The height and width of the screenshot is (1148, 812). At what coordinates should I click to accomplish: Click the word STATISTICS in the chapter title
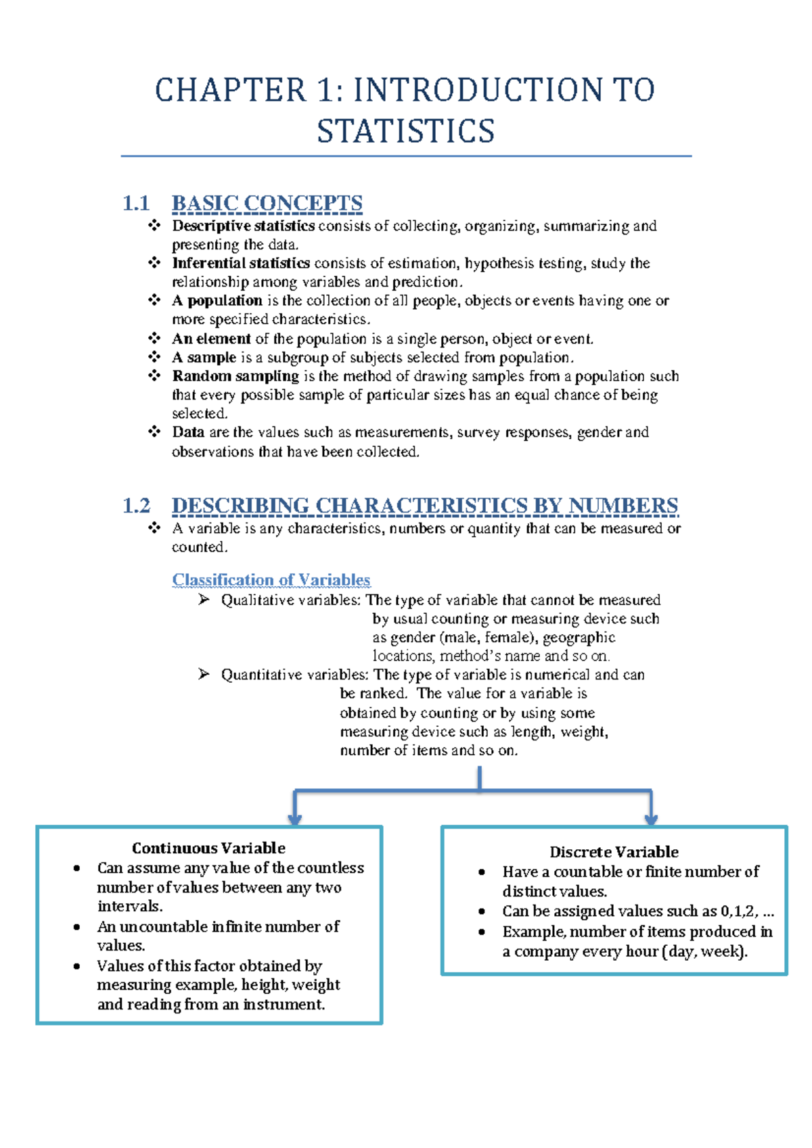pos(405,131)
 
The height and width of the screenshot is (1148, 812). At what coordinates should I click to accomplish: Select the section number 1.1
pos(136,204)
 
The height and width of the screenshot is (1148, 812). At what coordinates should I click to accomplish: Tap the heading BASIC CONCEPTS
pos(267,204)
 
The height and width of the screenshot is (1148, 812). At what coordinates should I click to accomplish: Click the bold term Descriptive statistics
pos(243,226)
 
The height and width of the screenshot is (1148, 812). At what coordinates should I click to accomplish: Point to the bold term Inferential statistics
pos(241,263)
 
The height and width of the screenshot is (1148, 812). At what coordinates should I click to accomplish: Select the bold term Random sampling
pos(235,376)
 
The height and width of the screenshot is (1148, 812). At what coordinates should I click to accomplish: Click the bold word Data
pos(188,432)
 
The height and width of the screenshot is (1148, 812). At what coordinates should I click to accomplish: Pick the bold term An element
pos(211,339)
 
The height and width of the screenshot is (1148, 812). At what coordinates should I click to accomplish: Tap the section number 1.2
pos(136,506)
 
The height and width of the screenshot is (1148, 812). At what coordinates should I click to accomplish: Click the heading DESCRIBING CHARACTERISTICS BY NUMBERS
pos(424,506)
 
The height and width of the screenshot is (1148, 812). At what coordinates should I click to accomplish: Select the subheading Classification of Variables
pos(271,580)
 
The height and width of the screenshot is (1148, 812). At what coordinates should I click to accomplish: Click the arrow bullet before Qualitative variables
pos(204,600)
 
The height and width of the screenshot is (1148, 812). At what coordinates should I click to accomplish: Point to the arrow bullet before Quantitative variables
pos(204,674)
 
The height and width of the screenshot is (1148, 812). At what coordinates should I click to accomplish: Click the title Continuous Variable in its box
pos(208,848)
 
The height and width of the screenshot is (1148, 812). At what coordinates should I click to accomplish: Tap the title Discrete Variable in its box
pos(614,852)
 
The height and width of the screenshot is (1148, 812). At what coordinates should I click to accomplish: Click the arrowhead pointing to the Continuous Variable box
pos(294,819)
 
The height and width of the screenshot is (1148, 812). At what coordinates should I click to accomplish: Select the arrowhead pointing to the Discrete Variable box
pos(651,819)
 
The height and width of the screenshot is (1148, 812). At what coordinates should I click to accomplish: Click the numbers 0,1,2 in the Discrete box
pos(738,911)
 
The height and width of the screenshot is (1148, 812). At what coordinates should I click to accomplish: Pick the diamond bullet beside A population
pos(154,300)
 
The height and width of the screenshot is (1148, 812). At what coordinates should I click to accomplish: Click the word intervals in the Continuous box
pos(129,906)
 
